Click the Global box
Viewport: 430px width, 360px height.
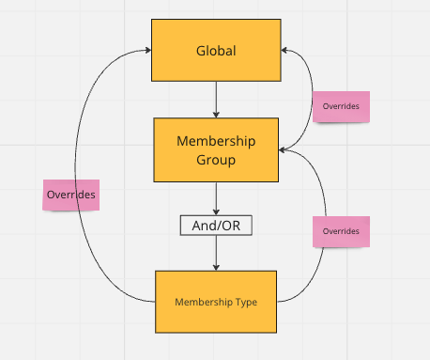coord(216,50)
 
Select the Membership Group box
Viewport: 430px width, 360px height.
coord(216,149)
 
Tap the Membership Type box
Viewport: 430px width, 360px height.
coord(216,302)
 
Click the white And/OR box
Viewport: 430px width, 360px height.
coord(216,226)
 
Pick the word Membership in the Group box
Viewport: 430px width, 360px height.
coord(216,141)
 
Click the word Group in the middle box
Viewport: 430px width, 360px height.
coord(216,160)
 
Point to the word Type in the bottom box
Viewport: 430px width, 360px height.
coord(246,303)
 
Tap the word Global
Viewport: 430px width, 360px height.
coord(216,51)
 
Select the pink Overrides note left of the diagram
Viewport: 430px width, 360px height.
coord(71,195)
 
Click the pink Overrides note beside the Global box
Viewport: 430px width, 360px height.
coord(341,106)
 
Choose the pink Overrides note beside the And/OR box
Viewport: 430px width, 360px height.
coord(341,231)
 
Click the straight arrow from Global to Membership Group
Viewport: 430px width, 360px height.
coord(216,100)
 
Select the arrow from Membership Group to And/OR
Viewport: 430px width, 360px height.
coord(216,198)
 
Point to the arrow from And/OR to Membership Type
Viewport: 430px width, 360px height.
coord(216,253)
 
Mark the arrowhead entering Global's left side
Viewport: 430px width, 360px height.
coord(148,50)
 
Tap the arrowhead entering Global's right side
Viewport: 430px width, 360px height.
coord(284,50)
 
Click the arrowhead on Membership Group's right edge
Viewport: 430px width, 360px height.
coord(282,150)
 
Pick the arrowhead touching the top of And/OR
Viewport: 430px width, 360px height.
coord(216,212)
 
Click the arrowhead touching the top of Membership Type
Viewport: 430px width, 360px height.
coord(216,268)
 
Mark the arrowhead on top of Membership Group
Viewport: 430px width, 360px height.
coord(216,115)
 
